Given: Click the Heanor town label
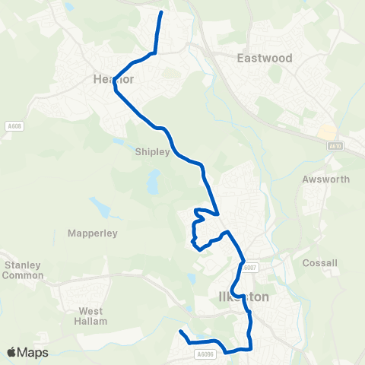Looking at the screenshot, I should tap(113, 78).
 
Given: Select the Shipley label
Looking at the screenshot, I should tap(152, 151).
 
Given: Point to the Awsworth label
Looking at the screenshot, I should tap(325, 180).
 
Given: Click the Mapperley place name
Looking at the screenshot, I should tap(92, 233).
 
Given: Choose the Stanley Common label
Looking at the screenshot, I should tap(23, 270).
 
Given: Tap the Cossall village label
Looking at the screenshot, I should tap(319, 263).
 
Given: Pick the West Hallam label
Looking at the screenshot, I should tap(91, 316).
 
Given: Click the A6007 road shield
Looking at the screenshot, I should tap(251, 267).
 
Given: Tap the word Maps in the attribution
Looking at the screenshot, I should tap(33, 352).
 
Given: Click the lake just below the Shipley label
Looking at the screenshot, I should tap(154, 181).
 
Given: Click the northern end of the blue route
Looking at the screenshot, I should tap(161, 13).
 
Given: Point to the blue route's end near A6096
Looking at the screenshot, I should tap(180, 332).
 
